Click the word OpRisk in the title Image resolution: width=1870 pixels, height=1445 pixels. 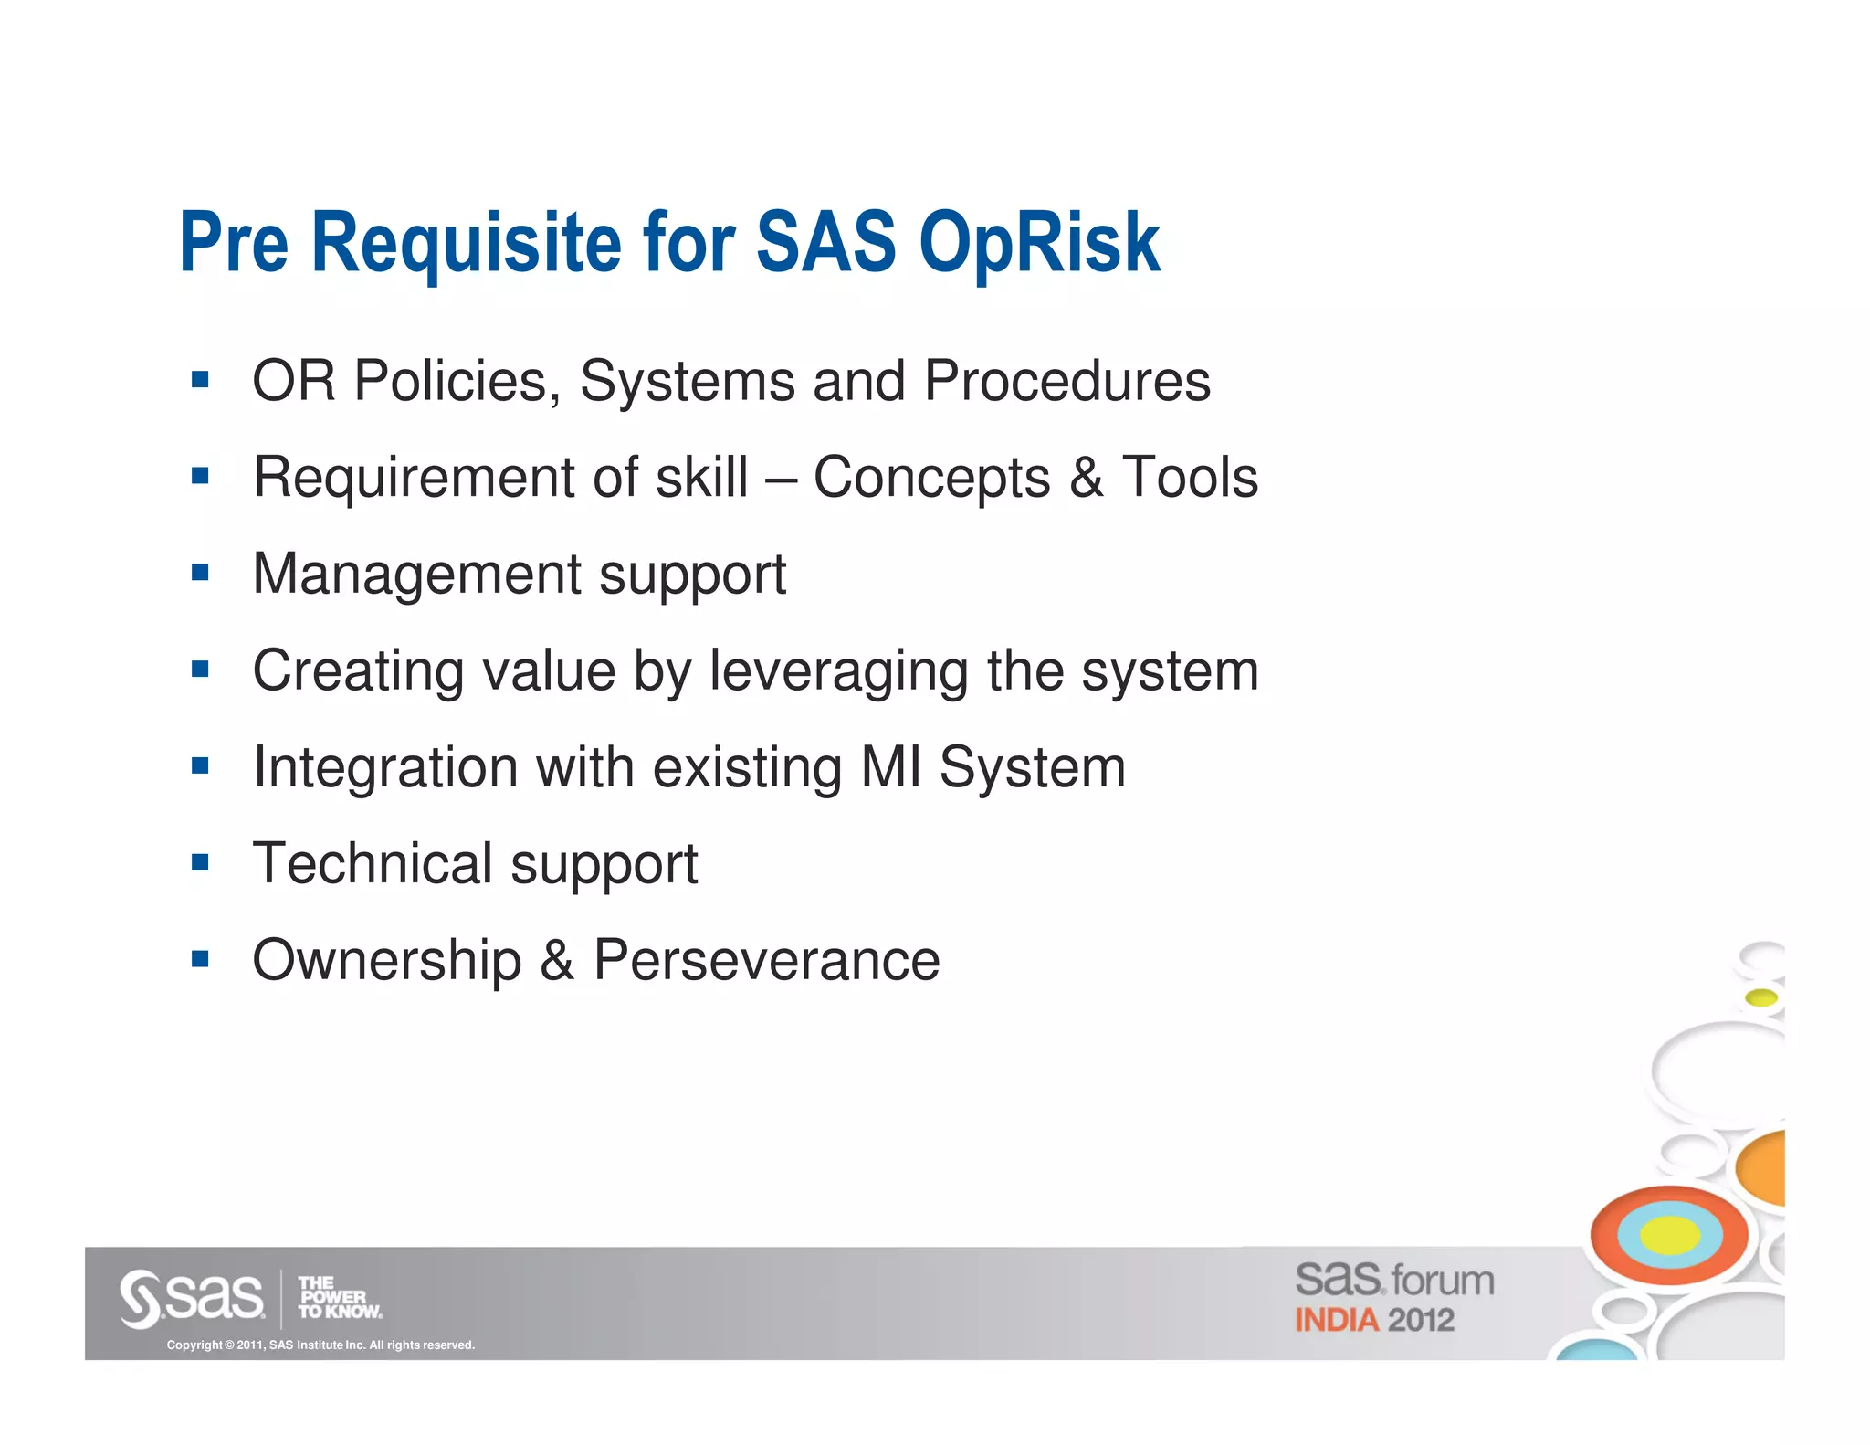(x=1039, y=243)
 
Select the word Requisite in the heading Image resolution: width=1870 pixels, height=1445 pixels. (x=467, y=243)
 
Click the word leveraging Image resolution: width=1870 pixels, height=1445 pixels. (x=838, y=671)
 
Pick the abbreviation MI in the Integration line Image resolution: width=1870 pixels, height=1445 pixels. (x=891, y=767)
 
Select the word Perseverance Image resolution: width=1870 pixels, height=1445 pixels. (x=766, y=960)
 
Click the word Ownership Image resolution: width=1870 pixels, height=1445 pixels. (x=387, y=962)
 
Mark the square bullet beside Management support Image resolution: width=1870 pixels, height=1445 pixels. (x=200, y=573)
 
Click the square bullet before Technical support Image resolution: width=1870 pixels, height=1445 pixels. (x=200, y=862)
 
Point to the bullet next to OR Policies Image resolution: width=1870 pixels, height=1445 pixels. (x=200, y=379)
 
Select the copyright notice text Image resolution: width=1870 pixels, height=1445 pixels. (x=320, y=1345)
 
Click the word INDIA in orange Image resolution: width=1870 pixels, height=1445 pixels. (x=1336, y=1320)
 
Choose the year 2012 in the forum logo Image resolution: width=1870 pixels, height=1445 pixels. (x=1421, y=1320)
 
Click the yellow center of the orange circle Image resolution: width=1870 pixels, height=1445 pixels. (x=1669, y=1236)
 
